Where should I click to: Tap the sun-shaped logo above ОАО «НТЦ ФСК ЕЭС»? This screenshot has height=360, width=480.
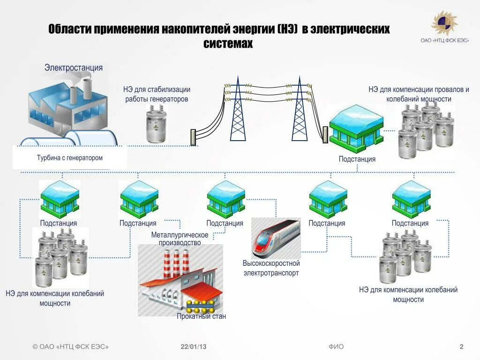click(443, 23)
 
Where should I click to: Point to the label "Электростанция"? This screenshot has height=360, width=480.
click(74, 67)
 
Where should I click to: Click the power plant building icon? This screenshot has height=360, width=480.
click(70, 108)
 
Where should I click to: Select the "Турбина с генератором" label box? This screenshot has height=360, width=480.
click(70, 158)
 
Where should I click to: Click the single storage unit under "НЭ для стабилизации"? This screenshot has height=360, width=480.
click(156, 124)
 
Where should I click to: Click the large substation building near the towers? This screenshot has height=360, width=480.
click(356, 129)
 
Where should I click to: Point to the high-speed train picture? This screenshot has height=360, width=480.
click(276, 238)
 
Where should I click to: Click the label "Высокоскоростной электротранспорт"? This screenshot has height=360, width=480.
click(271, 268)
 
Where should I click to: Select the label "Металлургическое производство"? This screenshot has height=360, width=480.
click(180, 239)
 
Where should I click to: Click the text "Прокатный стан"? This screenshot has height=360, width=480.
click(201, 316)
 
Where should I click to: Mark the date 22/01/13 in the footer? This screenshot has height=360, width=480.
click(194, 347)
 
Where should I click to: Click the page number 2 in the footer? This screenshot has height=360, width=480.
click(461, 347)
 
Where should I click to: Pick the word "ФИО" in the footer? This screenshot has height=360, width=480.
click(336, 347)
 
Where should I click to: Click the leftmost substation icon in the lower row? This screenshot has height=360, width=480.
click(59, 199)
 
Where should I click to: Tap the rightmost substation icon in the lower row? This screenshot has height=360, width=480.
click(411, 199)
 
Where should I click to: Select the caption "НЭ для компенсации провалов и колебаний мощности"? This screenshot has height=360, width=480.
click(419, 94)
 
